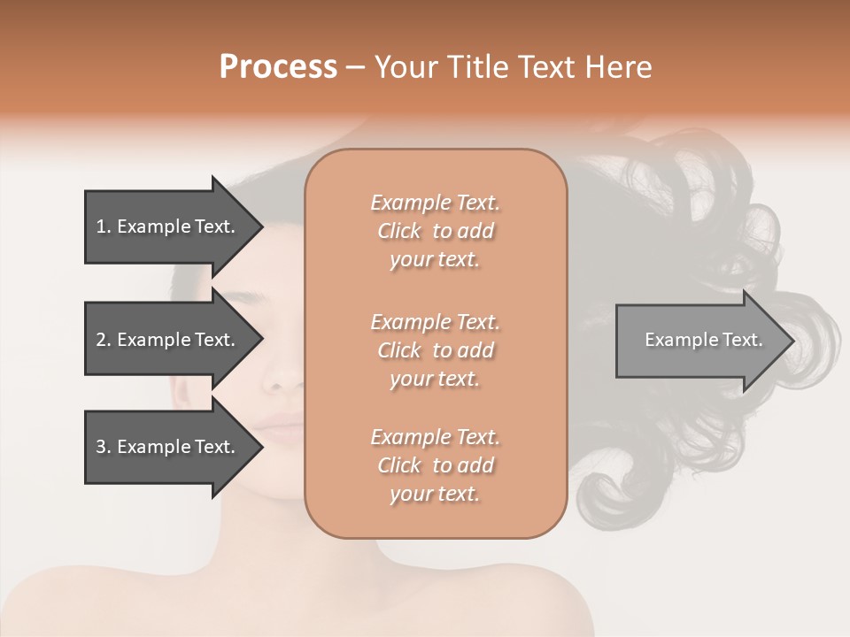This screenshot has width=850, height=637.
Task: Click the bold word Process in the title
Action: tap(278, 67)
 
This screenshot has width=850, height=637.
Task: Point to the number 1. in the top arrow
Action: tap(103, 226)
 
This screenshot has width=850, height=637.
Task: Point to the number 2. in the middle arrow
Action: tap(103, 340)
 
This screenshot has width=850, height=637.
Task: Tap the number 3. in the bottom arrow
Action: tap(103, 447)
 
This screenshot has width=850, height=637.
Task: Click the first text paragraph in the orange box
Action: tap(435, 231)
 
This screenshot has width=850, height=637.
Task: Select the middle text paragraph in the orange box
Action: tap(435, 349)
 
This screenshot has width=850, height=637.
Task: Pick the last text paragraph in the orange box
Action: tap(435, 465)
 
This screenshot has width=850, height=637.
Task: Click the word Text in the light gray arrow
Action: tap(743, 340)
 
